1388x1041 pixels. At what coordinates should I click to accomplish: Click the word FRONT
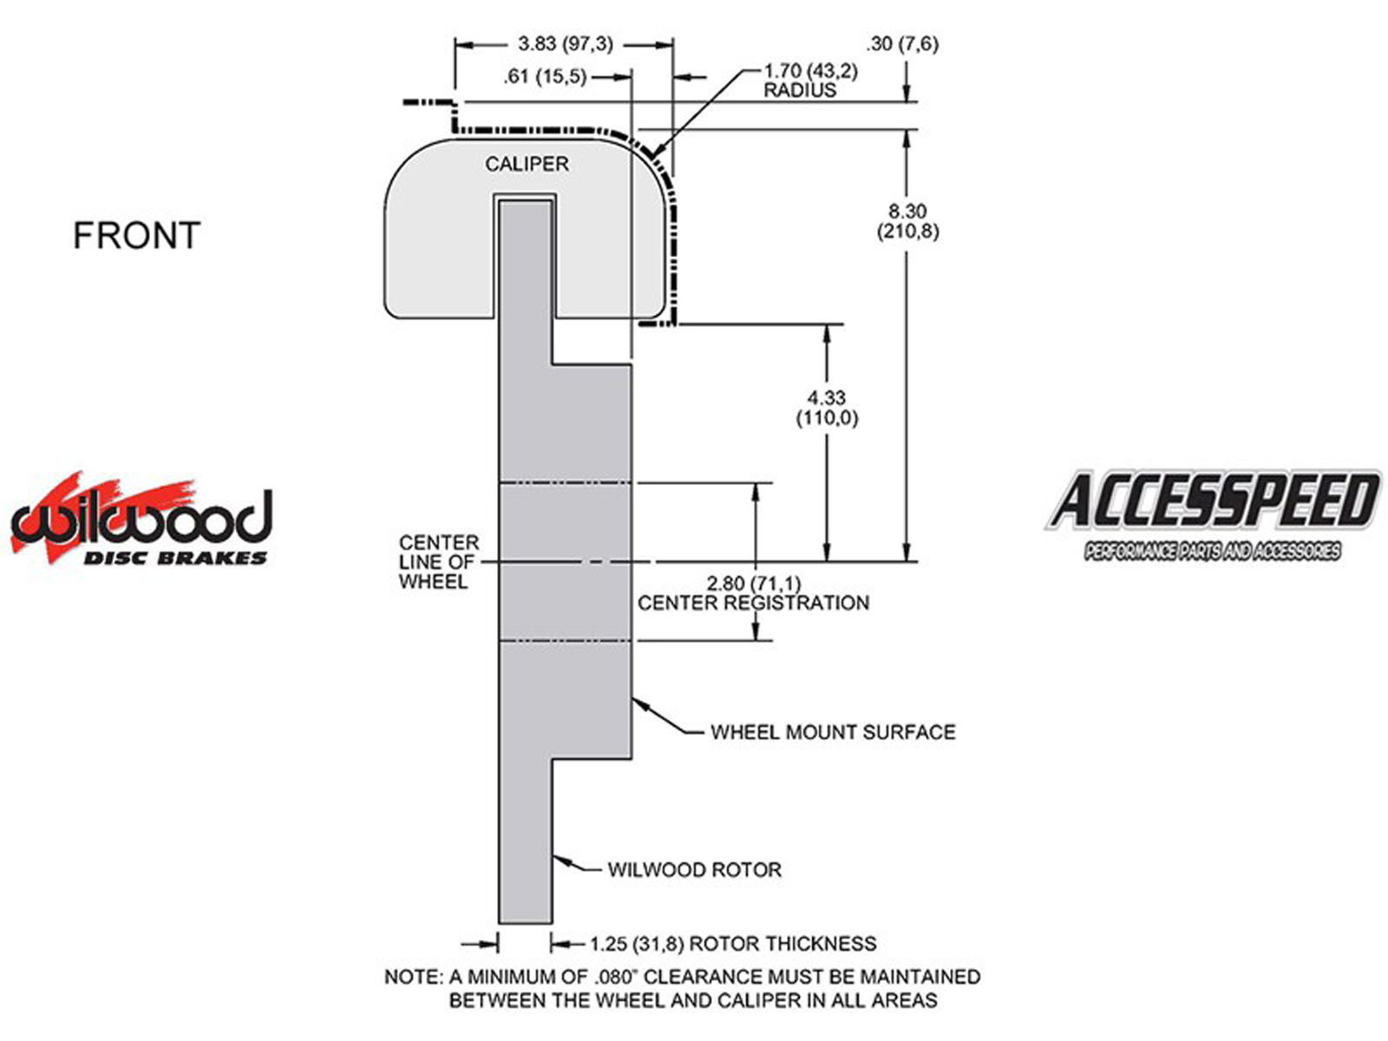point(136,236)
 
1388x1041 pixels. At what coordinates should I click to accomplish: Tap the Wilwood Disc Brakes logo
point(141,521)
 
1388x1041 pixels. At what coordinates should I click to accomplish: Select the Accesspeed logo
point(1212,513)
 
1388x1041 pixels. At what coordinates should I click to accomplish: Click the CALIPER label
point(527,164)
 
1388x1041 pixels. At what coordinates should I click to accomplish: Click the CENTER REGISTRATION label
point(753,603)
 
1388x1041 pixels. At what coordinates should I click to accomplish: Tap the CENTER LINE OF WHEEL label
point(438,562)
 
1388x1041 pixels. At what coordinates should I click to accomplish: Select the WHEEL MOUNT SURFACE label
point(833,732)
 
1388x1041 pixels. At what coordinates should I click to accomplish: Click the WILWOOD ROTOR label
point(694,870)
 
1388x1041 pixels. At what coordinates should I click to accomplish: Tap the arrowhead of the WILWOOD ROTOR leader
point(558,861)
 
